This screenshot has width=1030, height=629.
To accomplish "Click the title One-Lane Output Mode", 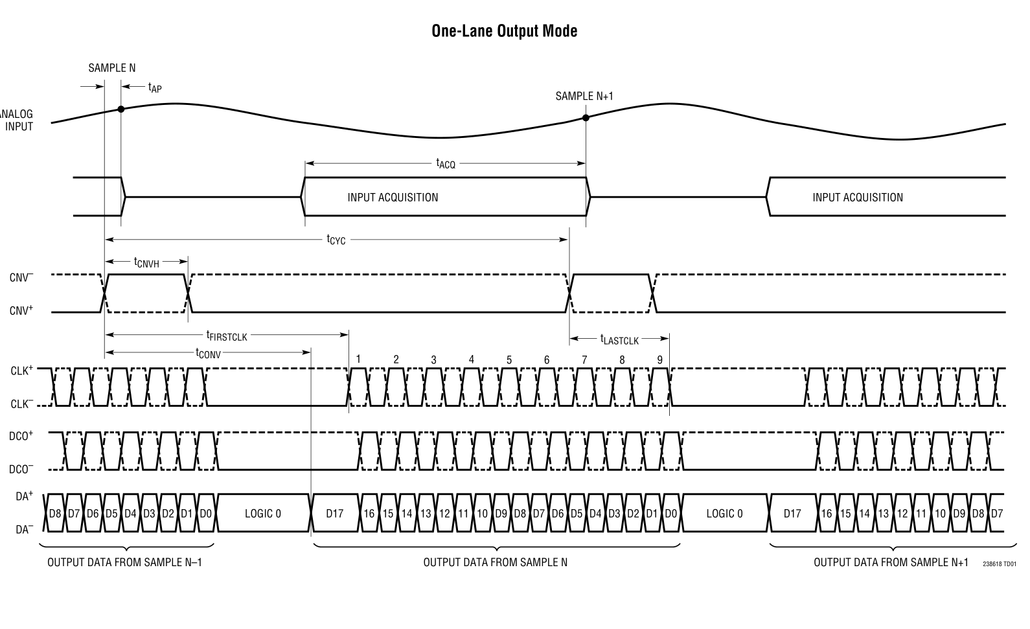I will [504, 30].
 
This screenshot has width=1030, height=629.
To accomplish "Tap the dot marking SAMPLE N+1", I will [586, 118].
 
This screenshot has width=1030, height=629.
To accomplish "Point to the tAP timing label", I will [154, 87].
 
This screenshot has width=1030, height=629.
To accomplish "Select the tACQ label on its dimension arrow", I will [445, 163].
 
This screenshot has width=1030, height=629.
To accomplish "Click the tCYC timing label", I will [336, 240].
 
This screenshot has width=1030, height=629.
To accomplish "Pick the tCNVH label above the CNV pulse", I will [146, 262].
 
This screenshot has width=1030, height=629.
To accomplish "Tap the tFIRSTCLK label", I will [227, 335].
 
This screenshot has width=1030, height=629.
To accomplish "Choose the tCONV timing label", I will [208, 353].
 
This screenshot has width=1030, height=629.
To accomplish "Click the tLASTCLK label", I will [619, 339].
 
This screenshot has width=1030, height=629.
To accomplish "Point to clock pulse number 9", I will [659, 360].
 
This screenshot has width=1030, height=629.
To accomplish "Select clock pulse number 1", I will [358, 360].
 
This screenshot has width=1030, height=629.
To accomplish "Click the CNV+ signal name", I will [21, 312].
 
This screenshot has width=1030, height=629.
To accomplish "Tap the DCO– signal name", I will [21, 470].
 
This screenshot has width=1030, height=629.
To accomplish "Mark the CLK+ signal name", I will [21, 371].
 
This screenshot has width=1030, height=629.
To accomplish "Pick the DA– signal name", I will [24, 530].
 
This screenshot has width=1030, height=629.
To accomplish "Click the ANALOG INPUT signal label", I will [17, 120].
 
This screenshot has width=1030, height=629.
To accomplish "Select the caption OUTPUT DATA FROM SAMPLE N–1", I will [124, 562].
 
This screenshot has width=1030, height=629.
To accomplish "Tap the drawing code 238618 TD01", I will [999, 564].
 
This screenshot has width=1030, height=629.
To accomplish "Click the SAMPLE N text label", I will [112, 68].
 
